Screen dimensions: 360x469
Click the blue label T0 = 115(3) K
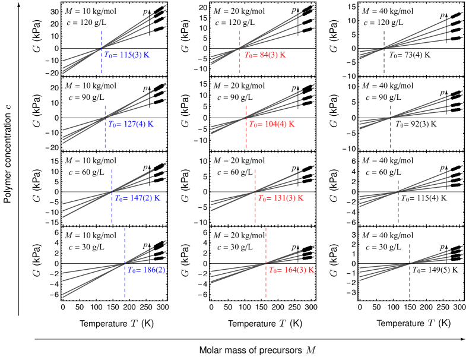(127, 55)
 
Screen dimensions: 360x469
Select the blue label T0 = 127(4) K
(131, 125)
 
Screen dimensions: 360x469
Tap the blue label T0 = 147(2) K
(137, 198)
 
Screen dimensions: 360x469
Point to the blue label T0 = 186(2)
(146, 270)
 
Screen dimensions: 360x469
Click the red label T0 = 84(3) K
(265, 55)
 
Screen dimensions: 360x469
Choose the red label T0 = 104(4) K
(271, 125)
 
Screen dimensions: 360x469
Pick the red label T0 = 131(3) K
(280, 198)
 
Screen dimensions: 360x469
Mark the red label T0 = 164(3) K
(291, 270)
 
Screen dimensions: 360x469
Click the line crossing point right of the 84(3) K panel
(384, 48)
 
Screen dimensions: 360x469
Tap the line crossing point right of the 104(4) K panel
(389, 118)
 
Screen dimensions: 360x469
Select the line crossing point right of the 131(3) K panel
(396, 191)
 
